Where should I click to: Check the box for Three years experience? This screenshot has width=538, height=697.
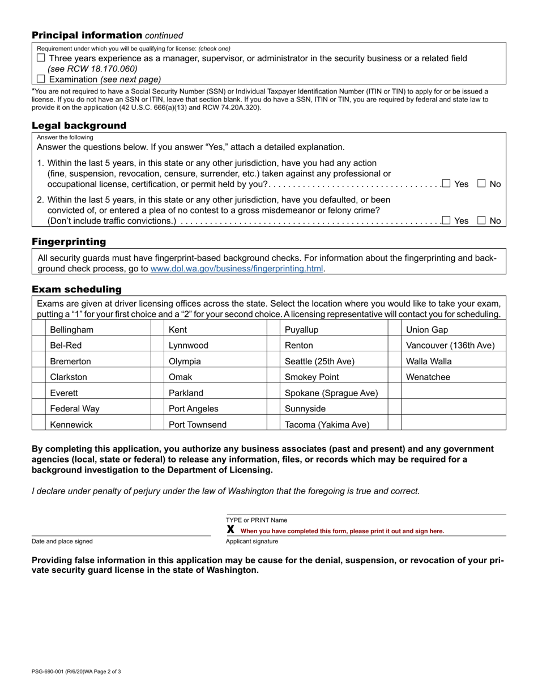coord(41,58)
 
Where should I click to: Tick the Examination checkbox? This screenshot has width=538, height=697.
coord(41,79)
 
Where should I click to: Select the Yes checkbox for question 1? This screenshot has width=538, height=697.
coord(446,184)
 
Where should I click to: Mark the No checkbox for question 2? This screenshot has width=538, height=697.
coord(481,221)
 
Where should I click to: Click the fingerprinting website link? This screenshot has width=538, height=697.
coord(237,269)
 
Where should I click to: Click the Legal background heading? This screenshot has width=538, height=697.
coord(79,125)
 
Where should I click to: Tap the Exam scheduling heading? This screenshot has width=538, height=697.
coord(76,290)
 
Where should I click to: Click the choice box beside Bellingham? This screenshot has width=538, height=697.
coord(39,330)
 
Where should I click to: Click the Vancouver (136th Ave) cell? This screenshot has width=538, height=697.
coord(450,345)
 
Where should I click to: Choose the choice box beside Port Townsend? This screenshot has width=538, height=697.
coord(157,424)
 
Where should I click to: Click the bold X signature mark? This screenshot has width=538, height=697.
coord(230,530)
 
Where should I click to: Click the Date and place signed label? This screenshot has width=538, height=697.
coord(62,541)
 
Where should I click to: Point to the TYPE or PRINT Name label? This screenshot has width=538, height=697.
coord(257,520)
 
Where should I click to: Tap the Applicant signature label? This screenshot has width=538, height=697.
coord(252,541)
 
